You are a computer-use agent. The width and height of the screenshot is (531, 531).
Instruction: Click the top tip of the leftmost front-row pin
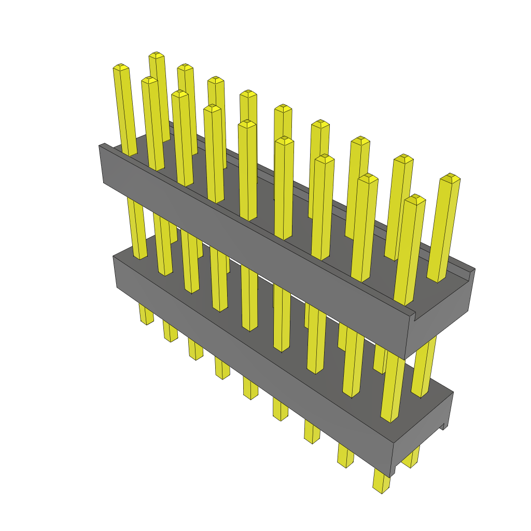(121, 67)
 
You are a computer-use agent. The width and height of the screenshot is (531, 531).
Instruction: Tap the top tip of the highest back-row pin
(156, 55)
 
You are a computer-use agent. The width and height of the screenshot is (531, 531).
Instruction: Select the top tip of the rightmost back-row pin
(450, 177)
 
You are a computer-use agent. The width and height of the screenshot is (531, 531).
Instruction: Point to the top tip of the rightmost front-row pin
(415, 198)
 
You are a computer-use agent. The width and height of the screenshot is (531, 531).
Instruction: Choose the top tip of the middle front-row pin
(247, 123)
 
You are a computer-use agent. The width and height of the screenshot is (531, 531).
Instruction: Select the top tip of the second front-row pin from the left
(149, 80)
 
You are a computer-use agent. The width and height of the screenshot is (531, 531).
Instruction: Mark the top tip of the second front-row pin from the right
(368, 177)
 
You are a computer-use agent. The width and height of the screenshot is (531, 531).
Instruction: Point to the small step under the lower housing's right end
(444, 426)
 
